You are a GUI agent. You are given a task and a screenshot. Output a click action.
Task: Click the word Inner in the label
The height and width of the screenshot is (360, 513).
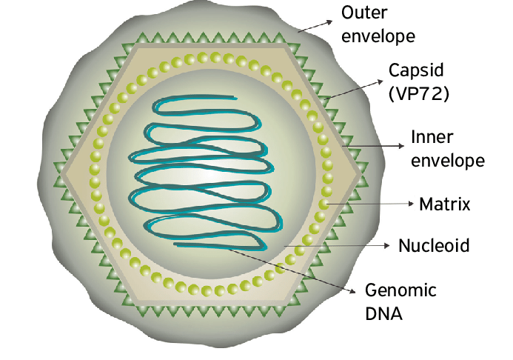(x=431, y=138)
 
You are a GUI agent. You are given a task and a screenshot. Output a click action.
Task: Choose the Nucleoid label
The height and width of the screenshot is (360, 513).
(x=434, y=245)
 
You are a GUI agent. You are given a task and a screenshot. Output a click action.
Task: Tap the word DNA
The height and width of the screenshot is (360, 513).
(x=383, y=314)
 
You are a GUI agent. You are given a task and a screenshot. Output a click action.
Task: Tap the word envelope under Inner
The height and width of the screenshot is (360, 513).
(x=448, y=161)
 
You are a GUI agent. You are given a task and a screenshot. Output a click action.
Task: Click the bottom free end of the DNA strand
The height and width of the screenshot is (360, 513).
(x=174, y=243)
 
